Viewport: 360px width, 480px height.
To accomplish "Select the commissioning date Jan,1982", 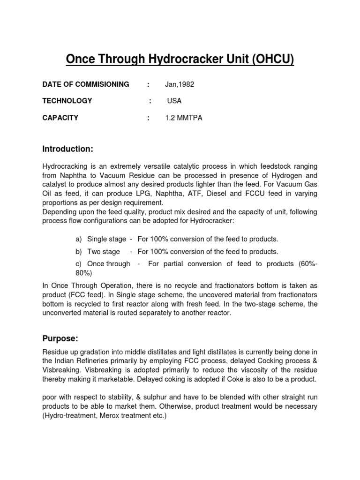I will pos(179,84).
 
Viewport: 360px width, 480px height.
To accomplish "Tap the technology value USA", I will pos(174,101).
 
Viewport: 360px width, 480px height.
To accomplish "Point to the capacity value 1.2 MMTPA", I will pos(183,118).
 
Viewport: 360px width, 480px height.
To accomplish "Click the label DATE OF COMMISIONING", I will pos(86,84).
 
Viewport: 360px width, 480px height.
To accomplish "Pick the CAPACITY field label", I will pos(60,118).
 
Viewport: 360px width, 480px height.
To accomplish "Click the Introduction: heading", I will pos(68,149).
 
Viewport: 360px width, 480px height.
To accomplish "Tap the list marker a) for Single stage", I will pos(79,239).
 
